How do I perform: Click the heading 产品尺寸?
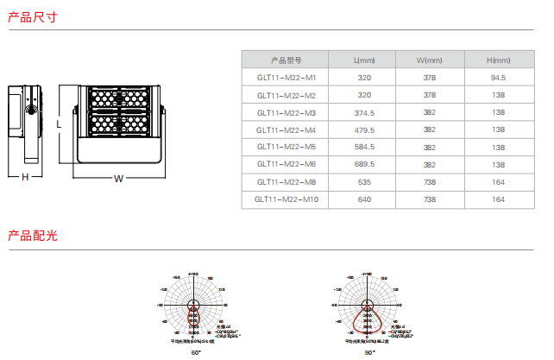coord(32,16)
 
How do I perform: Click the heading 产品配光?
coord(32,235)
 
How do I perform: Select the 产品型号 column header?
coord(286,60)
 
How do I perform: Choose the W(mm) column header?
coord(429,60)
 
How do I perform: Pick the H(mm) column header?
coord(498,60)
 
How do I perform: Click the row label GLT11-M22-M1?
coord(286,78)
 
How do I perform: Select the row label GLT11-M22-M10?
coord(286,199)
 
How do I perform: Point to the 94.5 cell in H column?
coord(498,78)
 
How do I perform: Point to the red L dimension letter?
coord(58,123)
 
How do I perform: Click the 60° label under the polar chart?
coord(195,352)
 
